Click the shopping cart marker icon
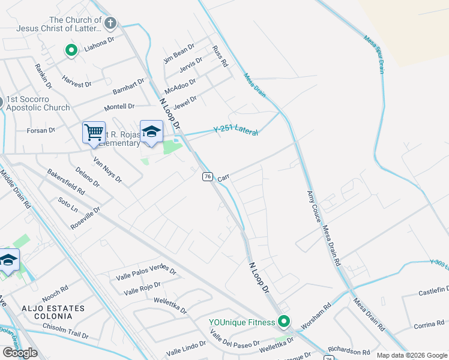(94, 133)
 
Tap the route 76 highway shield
(207, 176)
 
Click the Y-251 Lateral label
(236, 130)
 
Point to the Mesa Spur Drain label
(374, 55)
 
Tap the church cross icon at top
(110, 24)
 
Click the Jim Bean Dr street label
(179, 53)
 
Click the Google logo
(20, 353)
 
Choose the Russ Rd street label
(220, 55)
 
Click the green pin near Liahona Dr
(71, 50)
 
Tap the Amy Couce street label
(313, 206)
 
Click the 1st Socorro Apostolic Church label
(38, 103)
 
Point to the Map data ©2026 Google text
(411, 355)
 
